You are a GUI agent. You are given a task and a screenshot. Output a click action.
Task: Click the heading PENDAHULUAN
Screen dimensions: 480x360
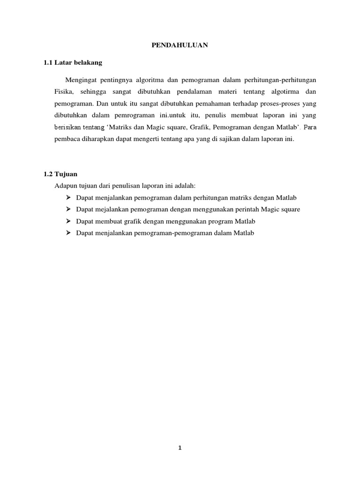click(180, 45)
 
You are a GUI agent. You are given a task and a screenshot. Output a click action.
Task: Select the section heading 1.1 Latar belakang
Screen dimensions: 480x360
click(73, 62)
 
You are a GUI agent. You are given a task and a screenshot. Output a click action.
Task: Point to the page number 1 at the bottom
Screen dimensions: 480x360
click(180, 448)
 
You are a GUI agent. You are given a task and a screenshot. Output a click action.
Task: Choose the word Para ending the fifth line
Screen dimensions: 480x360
click(310, 127)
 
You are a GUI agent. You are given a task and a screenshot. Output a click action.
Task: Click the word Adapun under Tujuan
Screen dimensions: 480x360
click(66, 186)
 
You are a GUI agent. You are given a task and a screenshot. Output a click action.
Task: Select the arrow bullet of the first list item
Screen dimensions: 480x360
click(68, 197)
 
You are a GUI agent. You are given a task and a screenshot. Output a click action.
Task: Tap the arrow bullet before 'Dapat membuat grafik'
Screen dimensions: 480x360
click(68, 221)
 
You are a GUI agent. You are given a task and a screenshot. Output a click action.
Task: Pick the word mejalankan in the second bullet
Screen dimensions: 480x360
click(107, 210)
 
